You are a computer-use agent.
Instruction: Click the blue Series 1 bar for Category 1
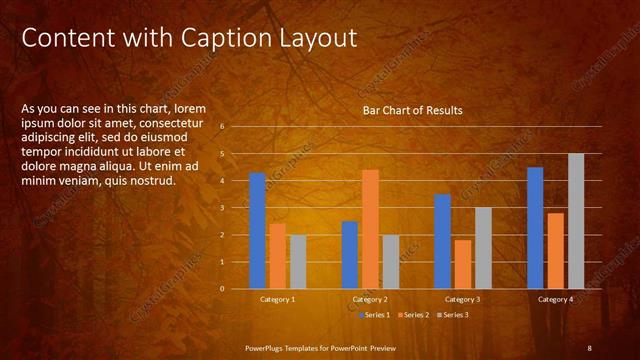(257, 231)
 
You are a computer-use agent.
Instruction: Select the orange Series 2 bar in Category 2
(370, 229)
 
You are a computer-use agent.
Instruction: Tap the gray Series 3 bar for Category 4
(576, 221)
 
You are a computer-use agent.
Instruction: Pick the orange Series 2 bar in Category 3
(463, 264)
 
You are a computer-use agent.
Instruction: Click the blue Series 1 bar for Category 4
(535, 228)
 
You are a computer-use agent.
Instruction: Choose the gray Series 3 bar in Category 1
(298, 262)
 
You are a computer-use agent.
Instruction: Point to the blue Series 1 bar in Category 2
(350, 255)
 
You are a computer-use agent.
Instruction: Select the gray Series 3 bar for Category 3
(483, 248)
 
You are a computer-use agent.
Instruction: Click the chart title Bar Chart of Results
(412, 110)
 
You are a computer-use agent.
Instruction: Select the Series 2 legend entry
(413, 315)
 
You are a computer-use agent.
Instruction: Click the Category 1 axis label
(278, 299)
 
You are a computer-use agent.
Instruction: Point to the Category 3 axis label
(463, 299)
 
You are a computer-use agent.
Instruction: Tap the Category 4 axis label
(555, 299)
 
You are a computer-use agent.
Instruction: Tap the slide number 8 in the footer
(589, 347)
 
